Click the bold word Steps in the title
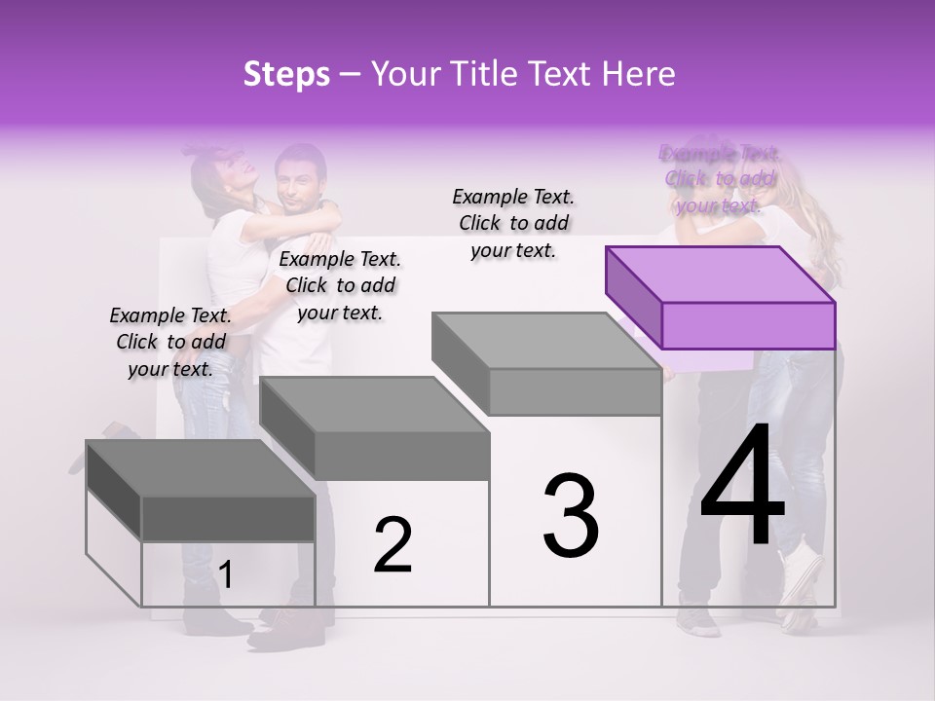[286, 75]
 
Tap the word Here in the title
[639, 75]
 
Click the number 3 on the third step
[571, 515]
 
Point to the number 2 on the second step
[393, 544]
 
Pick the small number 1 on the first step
[226, 575]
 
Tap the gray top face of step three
[545, 341]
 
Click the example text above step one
[170, 342]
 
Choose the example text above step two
[340, 285]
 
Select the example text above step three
[513, 223]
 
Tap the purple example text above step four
[720, 178]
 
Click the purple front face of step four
[748, 325]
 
